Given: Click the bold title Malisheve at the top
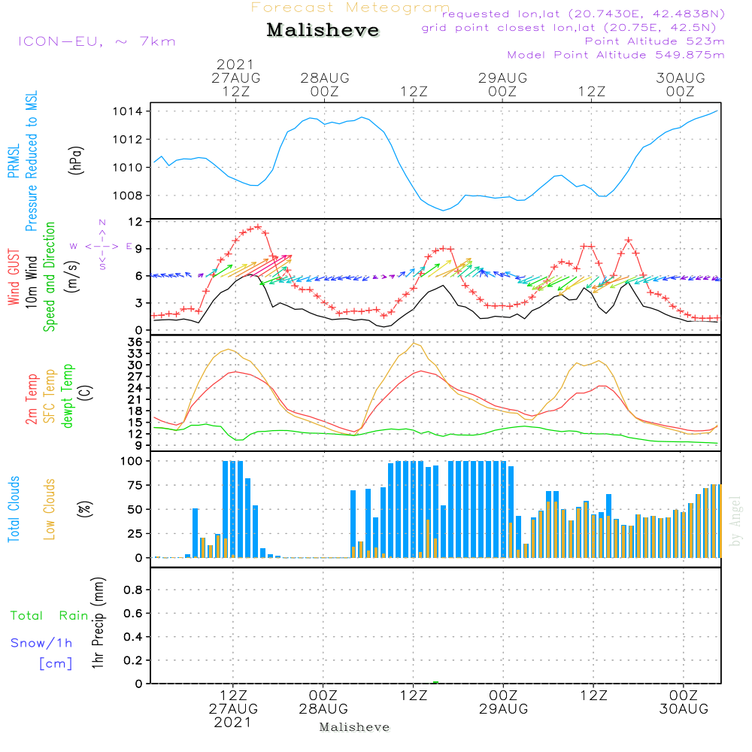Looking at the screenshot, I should tap(323, 31).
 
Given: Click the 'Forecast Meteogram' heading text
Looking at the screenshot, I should tap(350, 8).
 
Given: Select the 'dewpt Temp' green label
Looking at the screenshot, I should tap(68, 396).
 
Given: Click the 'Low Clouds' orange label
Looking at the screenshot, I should tap(50, 508).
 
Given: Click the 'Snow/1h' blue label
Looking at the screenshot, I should tap(42, 644).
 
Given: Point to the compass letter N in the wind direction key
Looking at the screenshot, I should tap(102, 223).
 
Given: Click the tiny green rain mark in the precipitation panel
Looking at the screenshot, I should tap(435, 682).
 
